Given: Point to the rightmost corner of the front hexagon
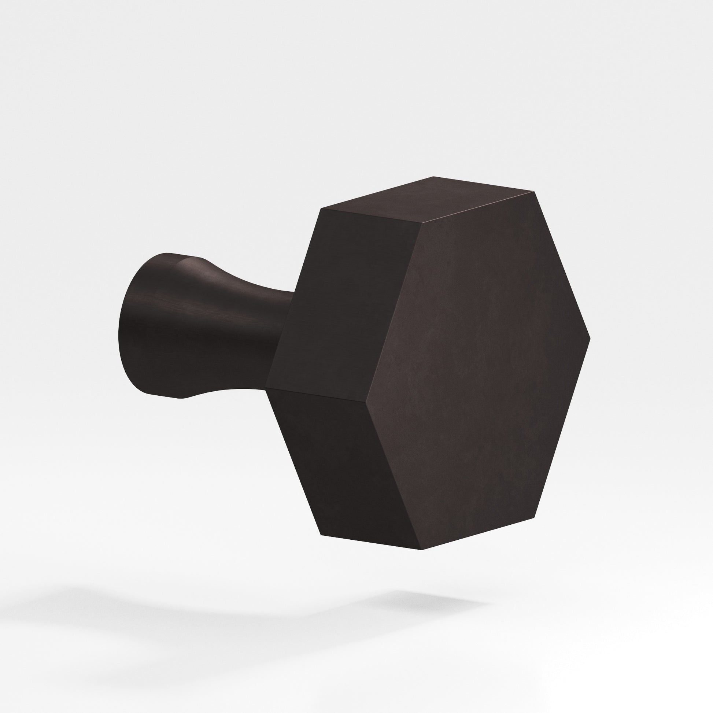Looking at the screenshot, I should point(590,339).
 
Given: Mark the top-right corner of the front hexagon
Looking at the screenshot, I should point(534,192).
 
